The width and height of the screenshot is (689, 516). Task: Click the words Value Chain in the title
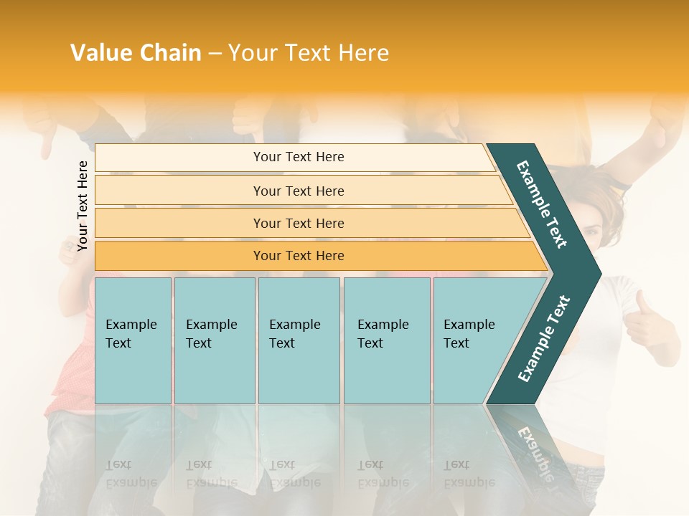tap(136, 53)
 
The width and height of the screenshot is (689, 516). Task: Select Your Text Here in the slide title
tap(309, 53)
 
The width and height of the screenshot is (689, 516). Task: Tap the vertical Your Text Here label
tap(83, 206)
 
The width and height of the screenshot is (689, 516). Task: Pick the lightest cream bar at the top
tap(294, 157)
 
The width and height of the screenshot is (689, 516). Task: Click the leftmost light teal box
tap(133, 340)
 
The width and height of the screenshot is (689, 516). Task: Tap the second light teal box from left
tap(215, 340)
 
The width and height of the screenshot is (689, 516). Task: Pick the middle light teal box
tap(299, 340)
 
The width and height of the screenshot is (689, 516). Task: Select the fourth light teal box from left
tap(387, 340)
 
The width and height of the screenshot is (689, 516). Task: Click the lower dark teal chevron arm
tap(543, 340)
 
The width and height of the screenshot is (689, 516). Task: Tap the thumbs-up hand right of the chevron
tap(646, 322)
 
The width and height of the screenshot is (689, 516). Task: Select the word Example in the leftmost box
tap(131, 325)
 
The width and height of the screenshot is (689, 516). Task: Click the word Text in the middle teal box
tap(282, 343)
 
